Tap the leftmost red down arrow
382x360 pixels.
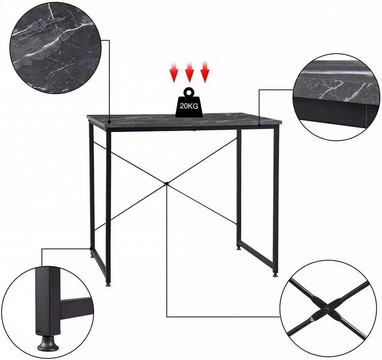tap(174, 72)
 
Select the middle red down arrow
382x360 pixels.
tap(189, 72)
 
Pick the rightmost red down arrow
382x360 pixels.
tap(205, 72)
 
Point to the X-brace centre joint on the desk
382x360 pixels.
tap(166, 183)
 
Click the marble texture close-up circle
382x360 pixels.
tap(55, 47)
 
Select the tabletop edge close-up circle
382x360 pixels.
tap(337, 97)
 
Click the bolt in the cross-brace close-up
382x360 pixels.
tap(326, 309)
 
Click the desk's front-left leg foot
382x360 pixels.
tap(108, 284)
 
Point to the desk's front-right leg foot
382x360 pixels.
tap(275, 275)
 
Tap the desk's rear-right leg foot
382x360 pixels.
tap(239, 249)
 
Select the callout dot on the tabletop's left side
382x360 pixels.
tap(109, 122)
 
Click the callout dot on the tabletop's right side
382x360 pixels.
tap(259, 125)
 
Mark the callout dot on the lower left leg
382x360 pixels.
tap(91, 249)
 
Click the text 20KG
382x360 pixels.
tap(189, 106)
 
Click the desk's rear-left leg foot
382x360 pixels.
tap(92, 256)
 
